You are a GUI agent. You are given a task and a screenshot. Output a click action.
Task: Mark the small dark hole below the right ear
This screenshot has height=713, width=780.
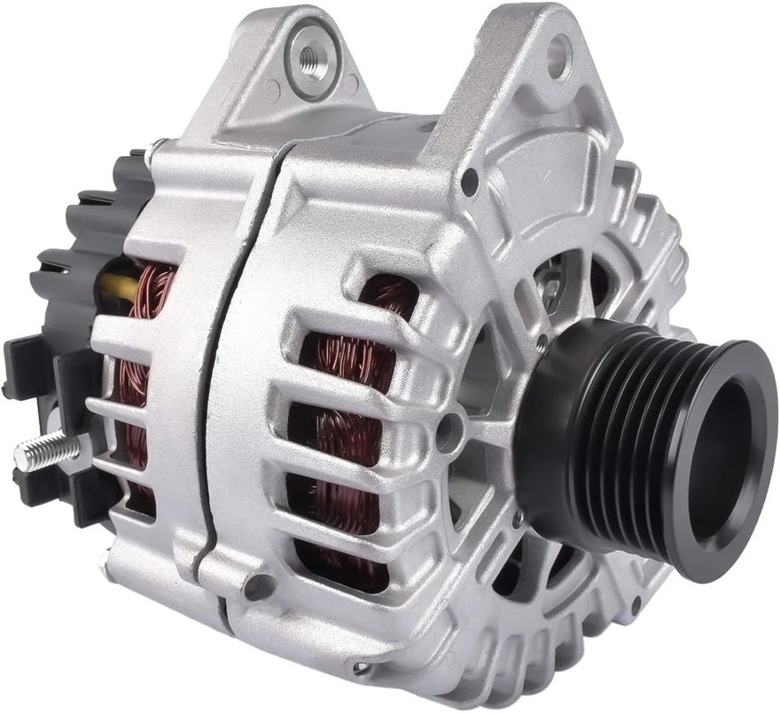point(469,181)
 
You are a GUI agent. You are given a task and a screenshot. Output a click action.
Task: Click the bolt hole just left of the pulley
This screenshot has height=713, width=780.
point(448,432)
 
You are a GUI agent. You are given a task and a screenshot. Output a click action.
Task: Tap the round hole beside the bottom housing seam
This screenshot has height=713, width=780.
point(259,585)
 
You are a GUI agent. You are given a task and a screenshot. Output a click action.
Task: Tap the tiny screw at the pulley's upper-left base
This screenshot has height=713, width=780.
point(542,341)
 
